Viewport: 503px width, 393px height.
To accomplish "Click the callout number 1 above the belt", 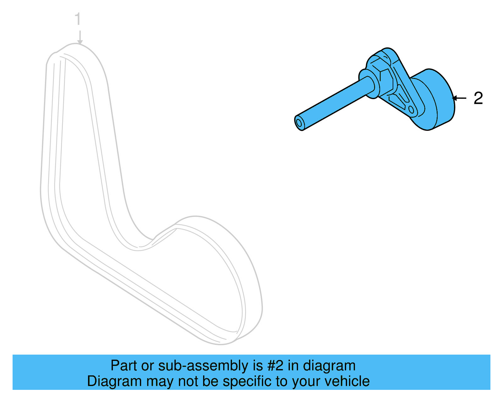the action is [78, 20].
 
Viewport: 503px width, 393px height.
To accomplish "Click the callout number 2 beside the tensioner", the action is [478, 98].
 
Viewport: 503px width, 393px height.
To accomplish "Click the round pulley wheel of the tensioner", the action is [435, 99].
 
